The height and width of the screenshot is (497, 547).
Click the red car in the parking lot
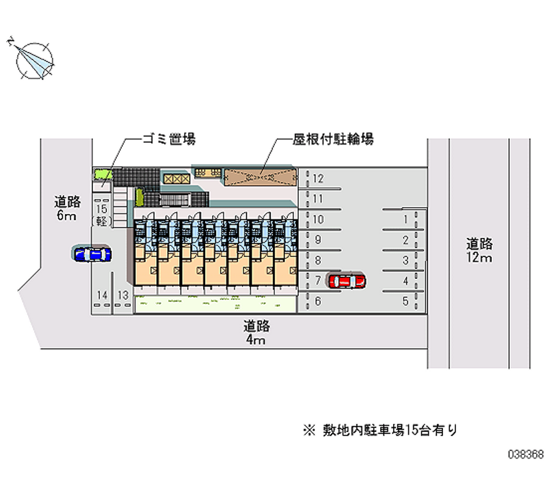347,280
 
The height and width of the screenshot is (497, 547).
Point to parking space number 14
103,295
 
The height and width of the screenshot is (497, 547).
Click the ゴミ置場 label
168,139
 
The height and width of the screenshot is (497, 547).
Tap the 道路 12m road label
479,250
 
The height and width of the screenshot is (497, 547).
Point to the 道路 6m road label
68,209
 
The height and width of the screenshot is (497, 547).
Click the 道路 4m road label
256,332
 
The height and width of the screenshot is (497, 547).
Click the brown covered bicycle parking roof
260,176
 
